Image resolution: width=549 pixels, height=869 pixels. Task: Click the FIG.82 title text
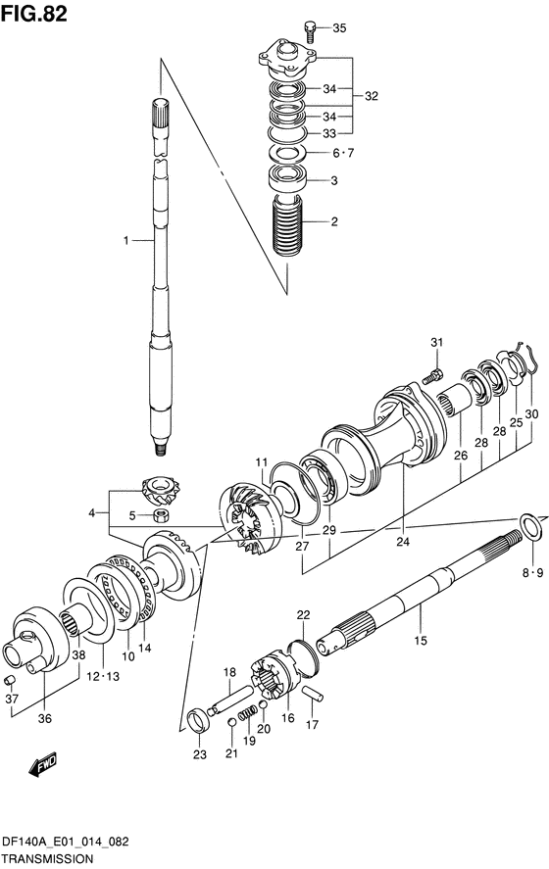[34, 14]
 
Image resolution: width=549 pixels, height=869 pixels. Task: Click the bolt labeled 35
[310, 31]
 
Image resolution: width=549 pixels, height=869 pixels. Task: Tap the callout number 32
[371, 96]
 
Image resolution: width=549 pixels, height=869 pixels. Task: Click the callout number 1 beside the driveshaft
[126, 241]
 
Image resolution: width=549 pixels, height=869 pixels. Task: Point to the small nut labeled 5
[161, 514]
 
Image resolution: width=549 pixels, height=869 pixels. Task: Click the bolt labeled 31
[432, 377]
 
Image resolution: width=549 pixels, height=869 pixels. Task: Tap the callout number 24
[403, 542]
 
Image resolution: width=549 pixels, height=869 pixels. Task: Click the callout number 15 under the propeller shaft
[421, 641]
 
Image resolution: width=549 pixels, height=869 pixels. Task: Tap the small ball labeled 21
[231, 721]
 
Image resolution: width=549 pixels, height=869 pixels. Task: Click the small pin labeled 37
[11, 680]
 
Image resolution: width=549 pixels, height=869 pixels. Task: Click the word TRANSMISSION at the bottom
[47, 859]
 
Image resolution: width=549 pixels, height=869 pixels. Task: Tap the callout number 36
[45, 718]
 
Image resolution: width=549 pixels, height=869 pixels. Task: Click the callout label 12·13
[102, 676]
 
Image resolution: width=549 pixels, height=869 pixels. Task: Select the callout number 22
[303, 614]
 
